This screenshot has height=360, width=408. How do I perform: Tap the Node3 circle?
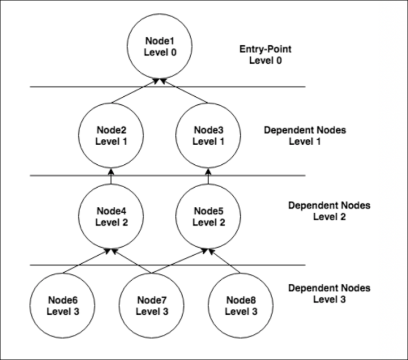(x=208, y=136)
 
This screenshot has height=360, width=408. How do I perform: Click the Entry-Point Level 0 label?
(x=265, y=54)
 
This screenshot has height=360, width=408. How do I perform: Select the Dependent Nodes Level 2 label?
(x=329, y=211)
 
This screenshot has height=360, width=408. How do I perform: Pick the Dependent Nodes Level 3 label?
(x=329, y=294)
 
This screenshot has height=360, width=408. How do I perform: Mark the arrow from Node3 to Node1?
(x=184, y=90)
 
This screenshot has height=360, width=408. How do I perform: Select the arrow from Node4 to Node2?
(x=112, y=177)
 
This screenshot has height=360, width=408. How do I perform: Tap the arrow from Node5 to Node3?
(x=208, y=177)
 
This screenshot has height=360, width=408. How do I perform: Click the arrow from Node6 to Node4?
(x=88, y=261)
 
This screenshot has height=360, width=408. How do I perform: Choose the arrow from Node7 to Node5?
(x=178, y=261)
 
